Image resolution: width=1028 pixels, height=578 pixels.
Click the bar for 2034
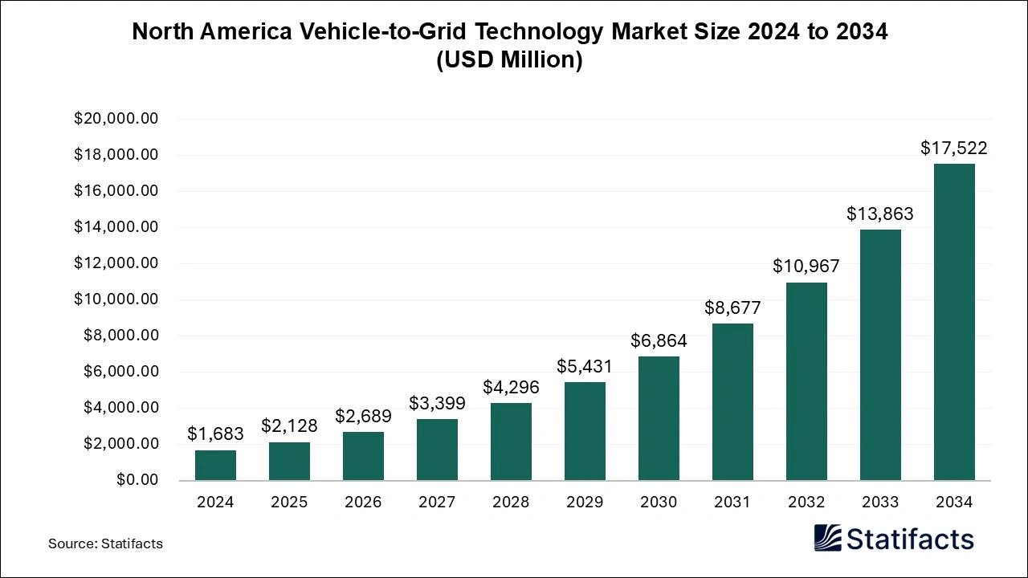(x=953, y=322)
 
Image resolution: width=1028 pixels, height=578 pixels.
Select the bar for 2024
(x=215, y=465)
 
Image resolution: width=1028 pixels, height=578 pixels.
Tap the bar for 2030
(x=659, y=418)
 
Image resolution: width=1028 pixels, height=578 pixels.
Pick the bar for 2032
(x=806, y=381)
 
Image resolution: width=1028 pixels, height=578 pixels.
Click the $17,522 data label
(x=953, y=148)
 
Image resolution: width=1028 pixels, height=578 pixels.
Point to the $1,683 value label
(x=215, y=433)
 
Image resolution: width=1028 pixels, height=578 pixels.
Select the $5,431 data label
(x=585, y=366)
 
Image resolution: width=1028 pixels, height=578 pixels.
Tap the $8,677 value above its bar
(x=732, y=307)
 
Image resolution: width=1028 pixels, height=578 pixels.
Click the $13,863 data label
(x=880, y=214)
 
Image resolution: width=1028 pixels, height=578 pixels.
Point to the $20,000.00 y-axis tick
(x=116, y=119)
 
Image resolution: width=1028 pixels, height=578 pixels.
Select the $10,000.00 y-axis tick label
(x=116, y=299)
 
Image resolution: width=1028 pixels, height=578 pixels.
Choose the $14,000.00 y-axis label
(x=116, y=227)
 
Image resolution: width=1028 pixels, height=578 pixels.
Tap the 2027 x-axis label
(x=437, y=502)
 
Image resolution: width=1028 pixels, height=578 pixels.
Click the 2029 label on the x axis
(x=585, y=502)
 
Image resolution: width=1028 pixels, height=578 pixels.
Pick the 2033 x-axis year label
(x=880, y=502)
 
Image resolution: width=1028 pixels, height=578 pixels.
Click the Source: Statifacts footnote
(x=105, y=543)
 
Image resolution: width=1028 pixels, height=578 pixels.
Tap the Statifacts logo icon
(x=827, y=538)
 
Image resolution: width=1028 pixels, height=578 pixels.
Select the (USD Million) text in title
(x=509, y=60)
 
